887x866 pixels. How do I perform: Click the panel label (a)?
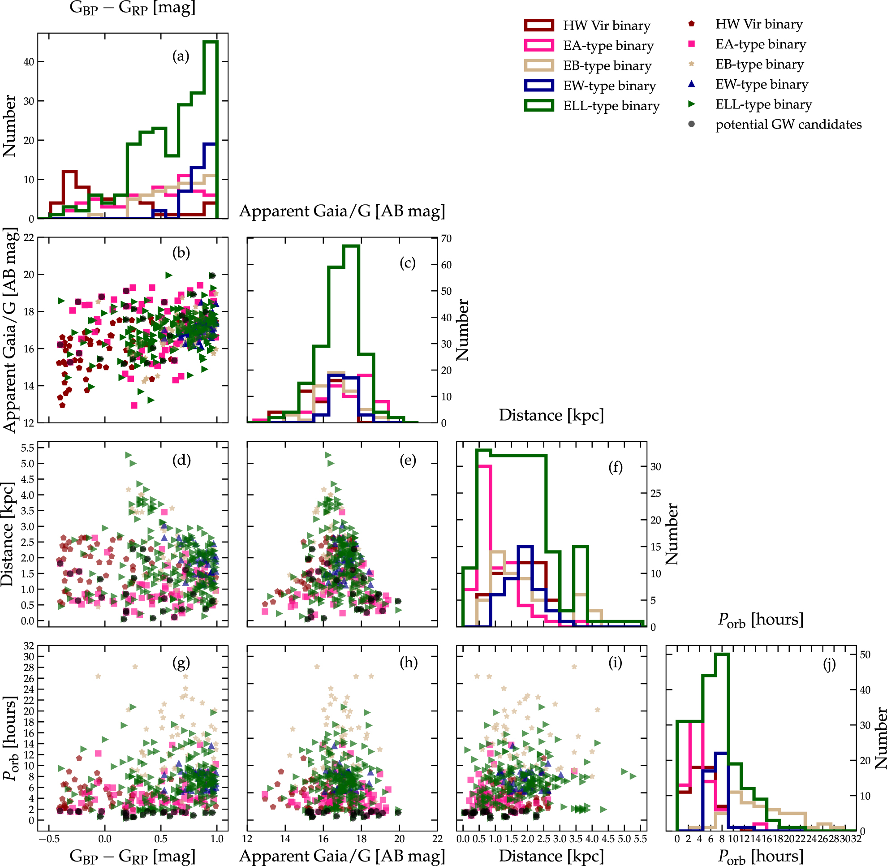pos(181,56)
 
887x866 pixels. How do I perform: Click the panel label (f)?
pos(615,467)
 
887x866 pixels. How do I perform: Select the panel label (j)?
pos(829,664)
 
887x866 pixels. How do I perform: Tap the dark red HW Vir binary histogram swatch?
pos(538,26)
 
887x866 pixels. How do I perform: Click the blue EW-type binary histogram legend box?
pos(538,86)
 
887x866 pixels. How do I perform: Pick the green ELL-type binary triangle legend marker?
pos(691,104)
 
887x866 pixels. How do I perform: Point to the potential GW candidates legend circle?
pos(691,124)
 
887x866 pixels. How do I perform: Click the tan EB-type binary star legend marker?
pos(691,64)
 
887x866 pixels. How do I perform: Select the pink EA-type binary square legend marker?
pos(691,44)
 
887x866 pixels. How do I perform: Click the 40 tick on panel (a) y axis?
pos(29,62)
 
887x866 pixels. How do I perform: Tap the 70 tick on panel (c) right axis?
pos(446,238)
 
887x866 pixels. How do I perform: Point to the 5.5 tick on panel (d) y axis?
pos(27,448)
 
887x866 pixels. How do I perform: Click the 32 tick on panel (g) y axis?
pos(29,646)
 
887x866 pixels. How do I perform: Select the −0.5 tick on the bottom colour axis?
pos(49,839)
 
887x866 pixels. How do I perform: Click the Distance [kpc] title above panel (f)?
pos(551,415)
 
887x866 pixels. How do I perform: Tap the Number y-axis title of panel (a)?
pos(9,126)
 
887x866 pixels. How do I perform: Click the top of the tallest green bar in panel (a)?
pos(211,42)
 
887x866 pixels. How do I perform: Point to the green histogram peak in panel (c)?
pos(351,246)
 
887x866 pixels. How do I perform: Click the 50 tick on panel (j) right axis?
pos(865,655)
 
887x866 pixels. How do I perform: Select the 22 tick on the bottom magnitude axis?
pos(437,839)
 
